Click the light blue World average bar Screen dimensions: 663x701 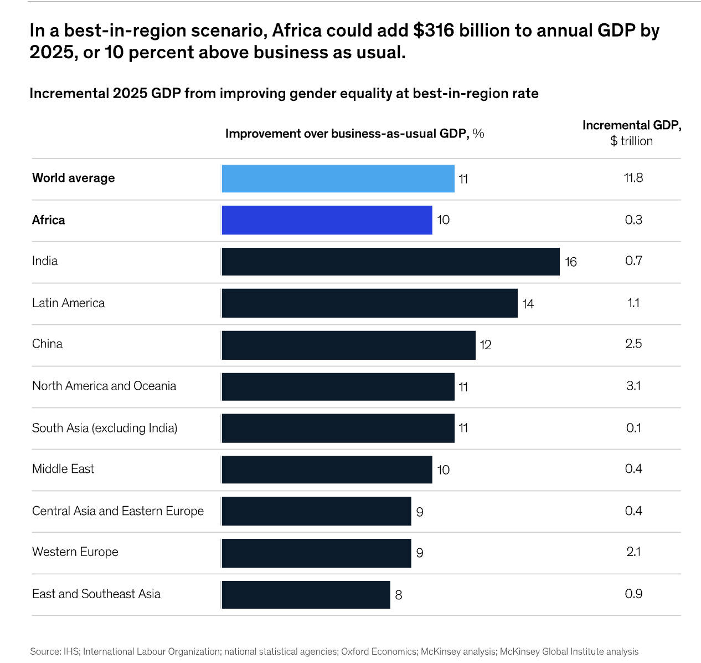338,178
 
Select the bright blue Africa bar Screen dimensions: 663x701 327,220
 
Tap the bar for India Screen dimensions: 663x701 390,262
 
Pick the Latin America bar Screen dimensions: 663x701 369,303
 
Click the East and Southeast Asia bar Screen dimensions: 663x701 306,595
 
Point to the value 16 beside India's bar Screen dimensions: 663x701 571,262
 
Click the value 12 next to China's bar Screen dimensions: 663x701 486,345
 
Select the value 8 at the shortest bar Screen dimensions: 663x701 399,595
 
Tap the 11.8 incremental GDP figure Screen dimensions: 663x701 633,178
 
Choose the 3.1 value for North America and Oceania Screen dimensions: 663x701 633,386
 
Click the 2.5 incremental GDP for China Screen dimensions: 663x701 633,344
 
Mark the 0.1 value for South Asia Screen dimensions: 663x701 633,428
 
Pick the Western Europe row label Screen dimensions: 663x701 75,552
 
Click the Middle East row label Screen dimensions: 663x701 63,469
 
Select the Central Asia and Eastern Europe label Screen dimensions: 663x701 118,511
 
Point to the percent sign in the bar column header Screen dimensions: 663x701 478,134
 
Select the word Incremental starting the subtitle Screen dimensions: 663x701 69,93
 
